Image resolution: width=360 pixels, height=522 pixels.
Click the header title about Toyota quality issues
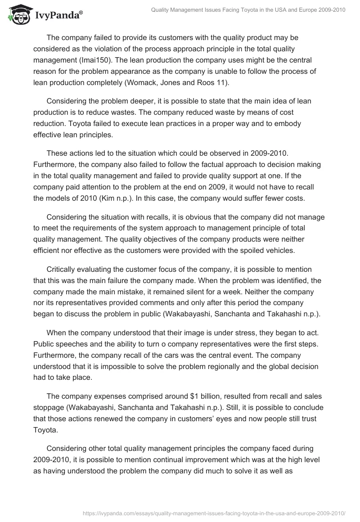click(248, 10)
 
